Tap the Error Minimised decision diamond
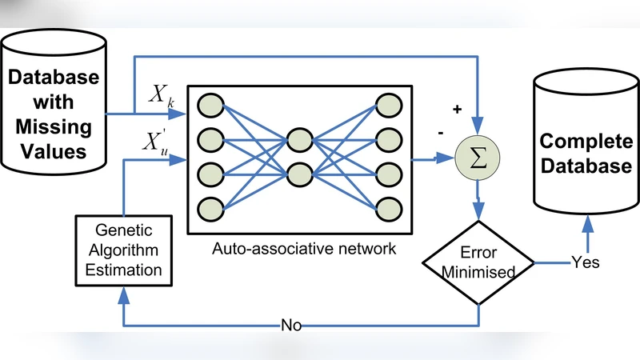pyautogui.click(x=478, y=262)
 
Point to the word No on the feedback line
pyautogui.click(x=290, y=326)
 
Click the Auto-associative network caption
pyautogui.click(x=303, y=248)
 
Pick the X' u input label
pyautogui.click(x=157, y=143)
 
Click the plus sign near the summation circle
pyautogui.click(x=457, y=109)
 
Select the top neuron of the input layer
pyautogui.click(x=211, y=106)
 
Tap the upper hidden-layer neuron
pyautogui.click(x=300, y=139)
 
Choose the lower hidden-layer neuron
pyautogui.click(x=300, y=174)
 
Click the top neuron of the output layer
pyautogui.click(x=389, y=106)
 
